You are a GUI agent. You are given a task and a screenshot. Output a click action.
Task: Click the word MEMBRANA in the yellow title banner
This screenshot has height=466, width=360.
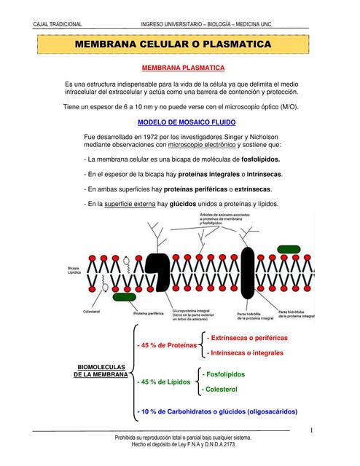click(x=112, y=46)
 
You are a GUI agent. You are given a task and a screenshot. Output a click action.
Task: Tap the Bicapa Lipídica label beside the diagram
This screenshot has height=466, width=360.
click(x=76, y=271)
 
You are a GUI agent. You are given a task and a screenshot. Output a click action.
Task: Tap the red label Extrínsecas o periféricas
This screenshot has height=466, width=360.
click(x=247, y=339)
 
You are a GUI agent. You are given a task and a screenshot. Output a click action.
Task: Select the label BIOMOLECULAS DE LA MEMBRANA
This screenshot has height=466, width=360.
click(x=101, y=371)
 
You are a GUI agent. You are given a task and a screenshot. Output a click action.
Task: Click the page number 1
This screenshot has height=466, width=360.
click(x=311, y=431)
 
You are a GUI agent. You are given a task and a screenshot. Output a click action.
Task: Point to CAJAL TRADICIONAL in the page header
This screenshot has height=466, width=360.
click(x=58, y=24)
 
